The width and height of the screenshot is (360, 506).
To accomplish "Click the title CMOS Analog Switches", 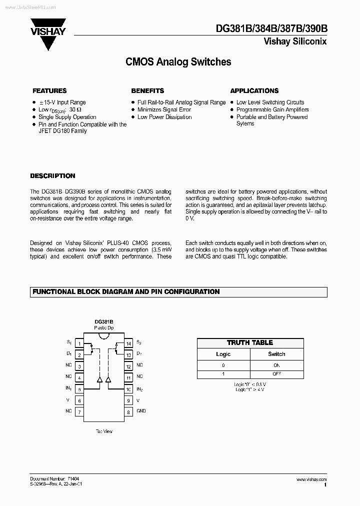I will [x=177, y=62].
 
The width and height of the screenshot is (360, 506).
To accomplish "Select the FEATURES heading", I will [x=49, y=91].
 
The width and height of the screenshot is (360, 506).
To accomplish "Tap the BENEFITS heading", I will [x=147, y=91].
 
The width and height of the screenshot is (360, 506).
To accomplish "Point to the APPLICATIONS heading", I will [x=254, y=91].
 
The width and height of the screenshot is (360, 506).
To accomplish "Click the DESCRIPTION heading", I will [x=52, y=176].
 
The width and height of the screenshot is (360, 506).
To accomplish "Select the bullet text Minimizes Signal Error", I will [x=164, y=109].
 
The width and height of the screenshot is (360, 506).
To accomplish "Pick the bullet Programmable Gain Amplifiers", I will [x=272, y=109].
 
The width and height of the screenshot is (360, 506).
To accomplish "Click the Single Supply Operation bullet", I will [x=67, y=117].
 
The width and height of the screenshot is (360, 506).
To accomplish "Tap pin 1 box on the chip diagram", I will [x=78, y=343].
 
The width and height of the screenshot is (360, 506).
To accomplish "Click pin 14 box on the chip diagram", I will [x=128, y=343].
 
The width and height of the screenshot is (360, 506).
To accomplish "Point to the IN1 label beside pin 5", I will [x=68, y=388].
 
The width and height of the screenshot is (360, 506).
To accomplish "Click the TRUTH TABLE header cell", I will [x=250, y=343].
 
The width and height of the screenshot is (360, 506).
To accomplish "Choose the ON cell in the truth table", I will [x=276, y=365].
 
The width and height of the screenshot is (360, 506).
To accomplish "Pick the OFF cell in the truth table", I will [x=276, y=374].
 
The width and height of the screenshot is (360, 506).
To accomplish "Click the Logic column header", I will [x=223, y=354].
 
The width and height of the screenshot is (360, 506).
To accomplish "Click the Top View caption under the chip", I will [x=104, y=430].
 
